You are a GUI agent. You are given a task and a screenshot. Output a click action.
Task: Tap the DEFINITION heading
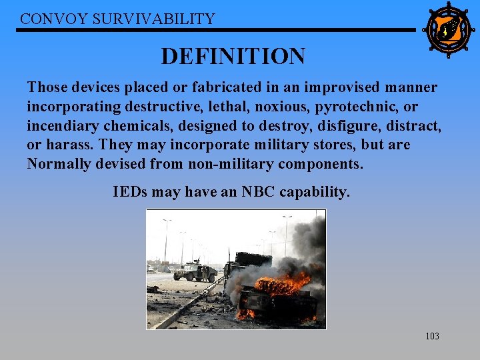tap(233, 56)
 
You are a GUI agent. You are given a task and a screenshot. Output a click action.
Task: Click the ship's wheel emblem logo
tap(448, 30)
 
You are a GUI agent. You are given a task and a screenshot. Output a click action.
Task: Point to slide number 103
tap(432, 337)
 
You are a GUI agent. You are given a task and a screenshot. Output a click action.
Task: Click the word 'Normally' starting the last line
tap(57, 164)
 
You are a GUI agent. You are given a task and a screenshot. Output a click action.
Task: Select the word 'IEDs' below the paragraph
tap(130, 193)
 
